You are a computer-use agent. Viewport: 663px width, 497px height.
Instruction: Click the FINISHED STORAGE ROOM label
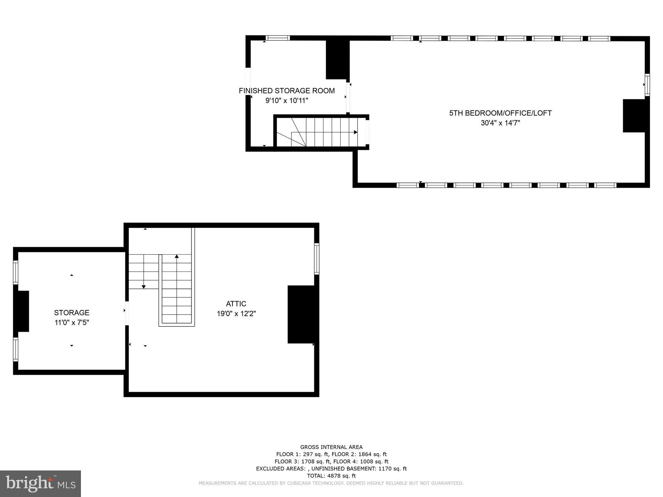[287, 91]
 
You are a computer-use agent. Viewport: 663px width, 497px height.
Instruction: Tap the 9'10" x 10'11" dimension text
[287, 101]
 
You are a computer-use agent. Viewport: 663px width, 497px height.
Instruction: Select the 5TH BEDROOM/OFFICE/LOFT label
[500, 113]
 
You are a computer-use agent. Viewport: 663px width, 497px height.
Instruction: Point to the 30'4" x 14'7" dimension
[500, 123]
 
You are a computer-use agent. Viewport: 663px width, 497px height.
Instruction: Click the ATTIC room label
[236, 304]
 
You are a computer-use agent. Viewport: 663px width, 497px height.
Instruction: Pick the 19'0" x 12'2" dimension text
[236, 314]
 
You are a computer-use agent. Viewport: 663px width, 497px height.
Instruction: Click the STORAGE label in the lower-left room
[72, 313]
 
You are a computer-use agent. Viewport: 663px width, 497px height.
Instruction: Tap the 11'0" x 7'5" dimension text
[72, 323]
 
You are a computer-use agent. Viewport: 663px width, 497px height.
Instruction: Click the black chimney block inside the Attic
[301, 314]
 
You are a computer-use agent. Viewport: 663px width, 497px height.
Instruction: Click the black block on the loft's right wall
[634, 116]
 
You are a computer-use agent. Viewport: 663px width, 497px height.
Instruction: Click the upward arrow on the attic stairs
[177, 257]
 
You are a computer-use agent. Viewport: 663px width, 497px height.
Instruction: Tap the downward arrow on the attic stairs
[144, 287]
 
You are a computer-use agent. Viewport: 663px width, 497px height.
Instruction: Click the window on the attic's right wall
[317, 259]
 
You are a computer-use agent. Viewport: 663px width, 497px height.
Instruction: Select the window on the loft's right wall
[647, 85]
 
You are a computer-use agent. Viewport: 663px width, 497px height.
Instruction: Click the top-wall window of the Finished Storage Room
[278, 38]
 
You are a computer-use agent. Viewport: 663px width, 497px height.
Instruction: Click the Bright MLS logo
[40, 483]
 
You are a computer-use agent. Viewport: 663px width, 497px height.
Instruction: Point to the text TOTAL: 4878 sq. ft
[331, 476]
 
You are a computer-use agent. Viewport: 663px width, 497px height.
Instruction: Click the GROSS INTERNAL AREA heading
[331, 447]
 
